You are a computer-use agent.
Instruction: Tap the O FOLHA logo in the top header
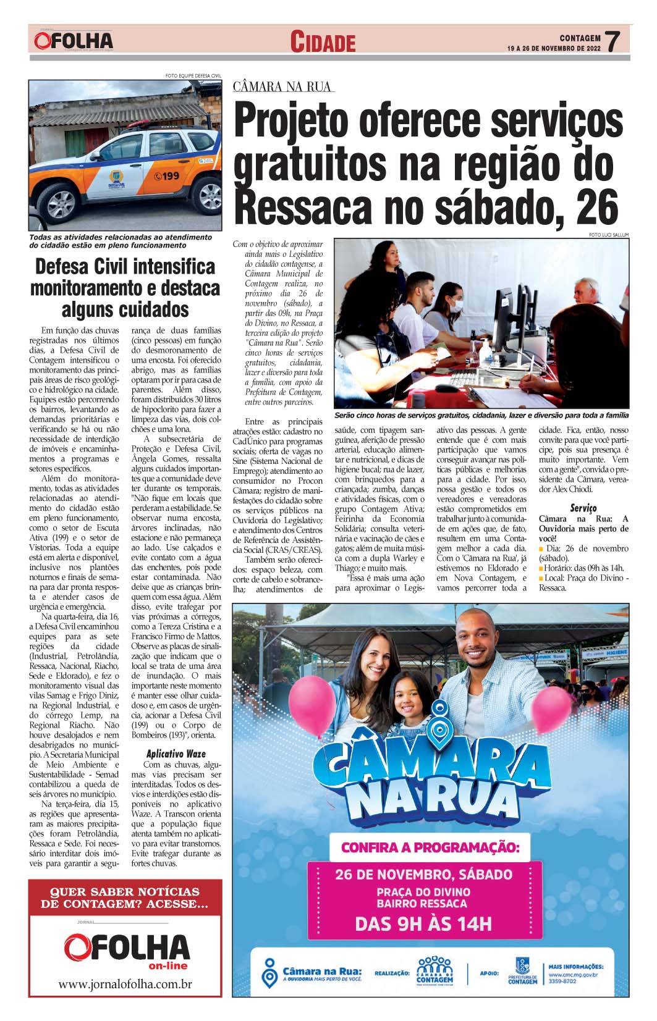point(74,41)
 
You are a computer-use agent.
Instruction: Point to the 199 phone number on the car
point(167,176)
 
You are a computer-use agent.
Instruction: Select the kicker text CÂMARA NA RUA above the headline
point(282,87)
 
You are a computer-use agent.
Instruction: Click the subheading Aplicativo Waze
point(176,754)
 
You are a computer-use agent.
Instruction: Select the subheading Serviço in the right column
point(583,508)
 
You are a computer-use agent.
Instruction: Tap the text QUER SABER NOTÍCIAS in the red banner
point(125,891)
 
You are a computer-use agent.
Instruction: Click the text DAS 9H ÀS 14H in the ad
point(423,924)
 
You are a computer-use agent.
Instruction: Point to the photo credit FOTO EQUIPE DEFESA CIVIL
point(193,76)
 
